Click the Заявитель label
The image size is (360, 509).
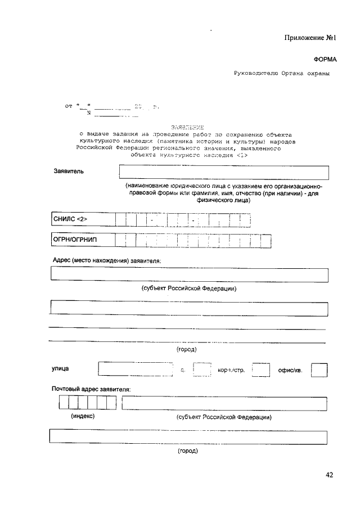69,172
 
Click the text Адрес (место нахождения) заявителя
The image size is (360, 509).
107,262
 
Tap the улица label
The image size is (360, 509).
61,368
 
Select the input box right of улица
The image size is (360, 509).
135,369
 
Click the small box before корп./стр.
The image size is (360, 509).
201,370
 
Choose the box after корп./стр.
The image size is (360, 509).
261,370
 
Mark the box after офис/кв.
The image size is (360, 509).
319,370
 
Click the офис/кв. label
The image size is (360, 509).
291,370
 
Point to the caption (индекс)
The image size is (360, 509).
82,417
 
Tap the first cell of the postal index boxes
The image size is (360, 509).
64,403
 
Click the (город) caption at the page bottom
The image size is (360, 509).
187,451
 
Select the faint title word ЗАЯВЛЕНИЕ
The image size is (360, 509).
187,127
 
